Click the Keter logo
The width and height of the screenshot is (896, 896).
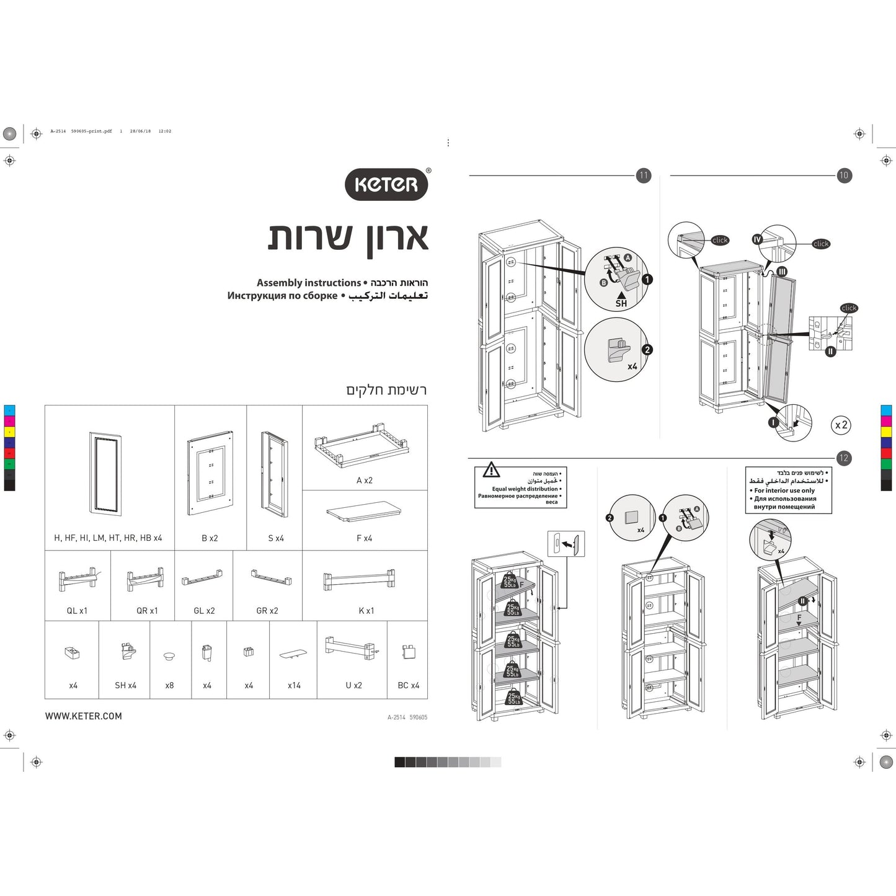click(x=386, y=184)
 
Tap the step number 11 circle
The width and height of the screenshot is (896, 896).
click(x=644, y=175)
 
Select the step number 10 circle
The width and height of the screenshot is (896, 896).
click(x=843, y=175)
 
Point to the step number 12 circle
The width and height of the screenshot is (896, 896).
click(x=843, y=458)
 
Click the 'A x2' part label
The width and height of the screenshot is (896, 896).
click(x=365, y=481)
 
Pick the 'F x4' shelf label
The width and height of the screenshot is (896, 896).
click(x=365, y=538)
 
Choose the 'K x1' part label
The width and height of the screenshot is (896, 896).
click(x=366, y=611)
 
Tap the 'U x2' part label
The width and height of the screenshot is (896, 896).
click(x=353, y=685)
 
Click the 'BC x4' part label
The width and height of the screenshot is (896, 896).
click(x=409, y=685)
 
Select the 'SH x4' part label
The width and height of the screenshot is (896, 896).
click(x=125, y=685)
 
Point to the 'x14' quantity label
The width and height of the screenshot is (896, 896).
click(x=294, y=685)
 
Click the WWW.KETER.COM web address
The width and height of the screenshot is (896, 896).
click(x=84, y=716)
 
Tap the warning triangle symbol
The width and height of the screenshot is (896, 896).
click(x=491, y=469)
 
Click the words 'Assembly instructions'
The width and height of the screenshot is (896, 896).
click(x=308, y=283)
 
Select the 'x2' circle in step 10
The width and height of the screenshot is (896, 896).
click(x=841, y=425)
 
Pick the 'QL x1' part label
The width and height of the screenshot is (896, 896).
click(x=77, y=611)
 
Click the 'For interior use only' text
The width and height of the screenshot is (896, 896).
click(x=784, y=490)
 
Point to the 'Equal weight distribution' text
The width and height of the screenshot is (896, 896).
click(x=525, y=489)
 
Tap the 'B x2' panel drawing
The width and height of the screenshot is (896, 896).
click(x=210, y=474)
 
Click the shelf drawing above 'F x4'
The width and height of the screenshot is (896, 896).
click(x=364, y=512)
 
